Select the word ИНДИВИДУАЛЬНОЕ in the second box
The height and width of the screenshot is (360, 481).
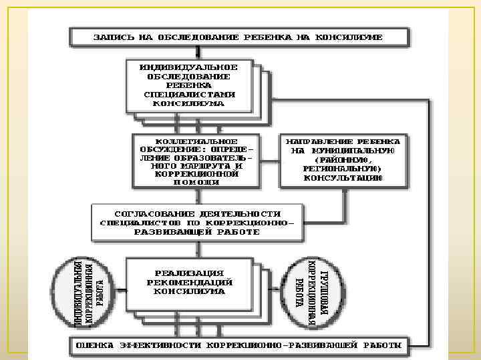[x=188, y=68]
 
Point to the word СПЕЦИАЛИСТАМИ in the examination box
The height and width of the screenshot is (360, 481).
[x=188, y=94]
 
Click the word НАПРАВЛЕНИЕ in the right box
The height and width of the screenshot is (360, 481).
[x=319, y=142]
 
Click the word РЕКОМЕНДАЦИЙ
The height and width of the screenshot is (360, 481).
[x=189, y=282]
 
